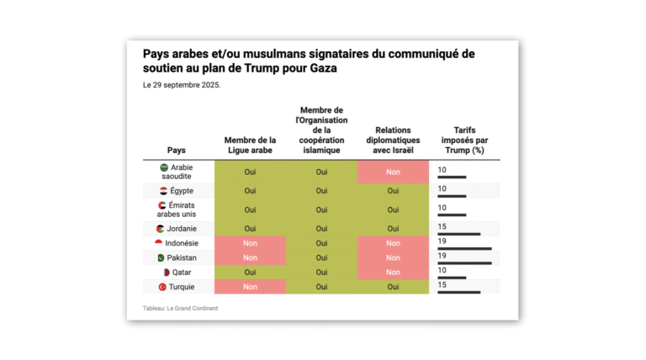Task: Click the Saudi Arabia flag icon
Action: [x=164, y=167]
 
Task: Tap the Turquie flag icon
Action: [x=163, y=287]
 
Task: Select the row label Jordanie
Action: [x=180, y=229]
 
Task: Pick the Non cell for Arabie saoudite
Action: [x=393, y=172]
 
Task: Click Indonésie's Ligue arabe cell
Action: [x=250, y=243]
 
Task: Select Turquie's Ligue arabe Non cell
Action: [x=250, y=287]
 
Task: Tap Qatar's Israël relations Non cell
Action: [x=393, y=273]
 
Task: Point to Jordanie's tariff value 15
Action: [x=442, y=226]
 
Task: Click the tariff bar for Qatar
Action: [x=452, y=278]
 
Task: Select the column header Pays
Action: [x=177, y=150]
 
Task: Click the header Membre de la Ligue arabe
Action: [x=250, y=145]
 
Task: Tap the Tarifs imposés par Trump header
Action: [x=465, y=140]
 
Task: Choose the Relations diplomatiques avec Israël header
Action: [x=393, y=140]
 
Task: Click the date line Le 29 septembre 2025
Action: [x=182, y=85]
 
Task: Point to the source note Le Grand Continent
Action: [x=180, y=308]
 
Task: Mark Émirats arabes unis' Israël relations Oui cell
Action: [x=393, y=209]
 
